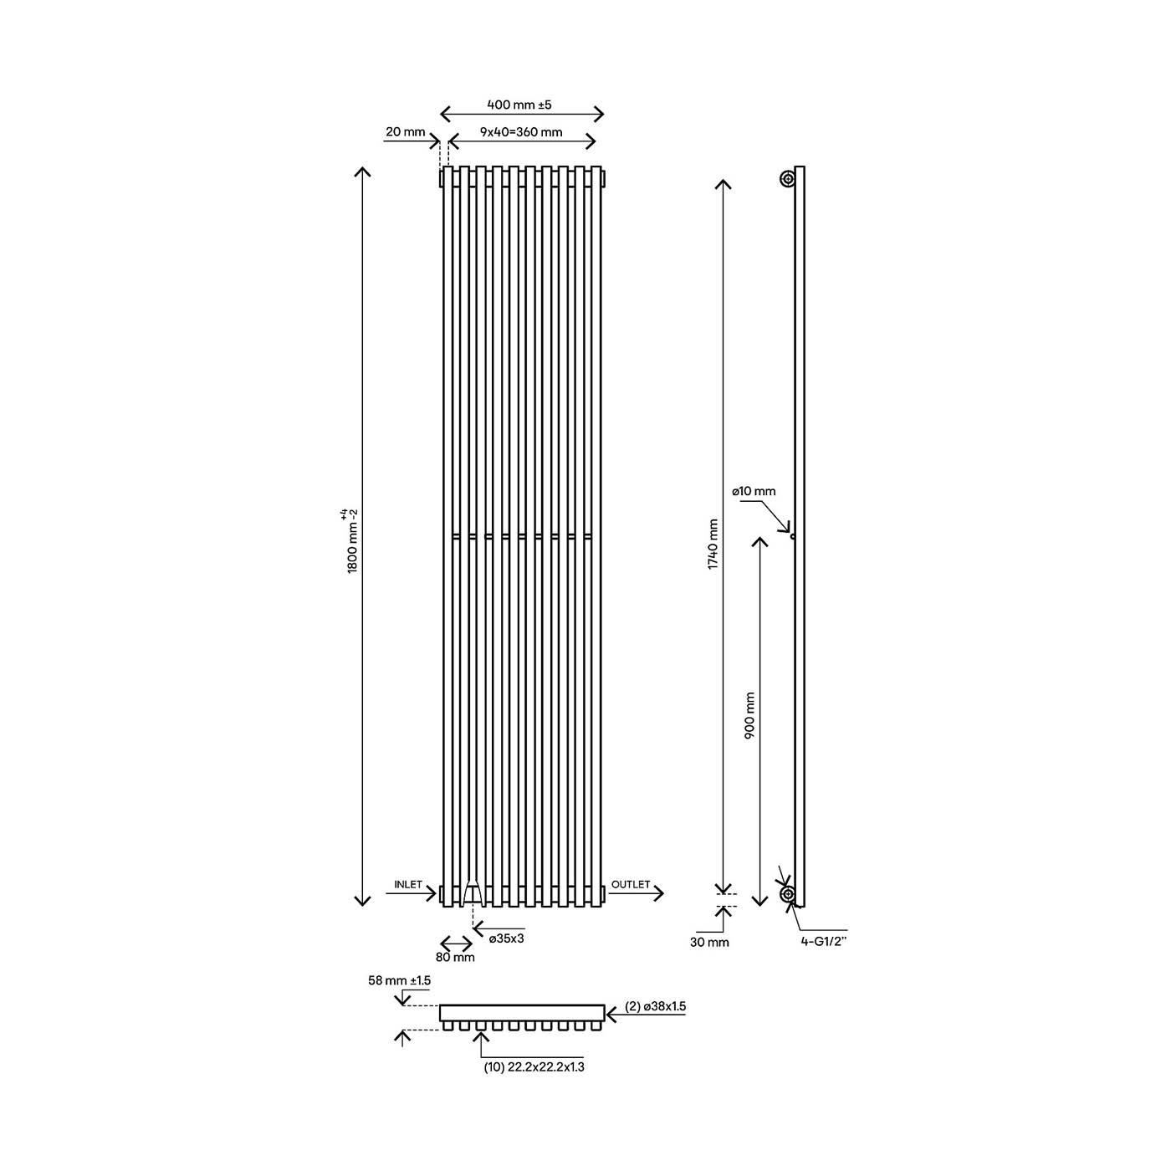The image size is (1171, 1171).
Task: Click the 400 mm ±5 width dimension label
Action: (x=519, y=105)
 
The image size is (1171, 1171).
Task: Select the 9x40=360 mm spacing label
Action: (x=521, y=132)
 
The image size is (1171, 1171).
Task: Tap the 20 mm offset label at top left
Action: (x=405, y=132)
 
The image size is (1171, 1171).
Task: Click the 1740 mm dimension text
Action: (x=713, y=545)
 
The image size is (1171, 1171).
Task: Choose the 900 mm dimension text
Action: (x=749, y=714)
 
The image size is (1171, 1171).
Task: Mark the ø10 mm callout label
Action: (x=754, y=491)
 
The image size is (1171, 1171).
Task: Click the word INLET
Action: (x=408, y=884)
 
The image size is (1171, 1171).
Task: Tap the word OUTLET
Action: (x=631, y=884)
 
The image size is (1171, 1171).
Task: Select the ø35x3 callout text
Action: (x=507, y=938)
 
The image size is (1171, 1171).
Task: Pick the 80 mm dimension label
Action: (x=455, y=957)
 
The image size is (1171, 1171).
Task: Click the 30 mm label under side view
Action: (x=709, y=942)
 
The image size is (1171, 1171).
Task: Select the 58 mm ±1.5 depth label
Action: (x=399, y=980)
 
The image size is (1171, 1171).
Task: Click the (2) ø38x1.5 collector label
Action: (x=655, y=1007)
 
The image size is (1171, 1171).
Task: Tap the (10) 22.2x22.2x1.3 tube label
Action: (x=534, y=1067)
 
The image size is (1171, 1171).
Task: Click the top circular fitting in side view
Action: (x=788, y=179)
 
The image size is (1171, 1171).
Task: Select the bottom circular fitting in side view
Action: (x=788, y=894)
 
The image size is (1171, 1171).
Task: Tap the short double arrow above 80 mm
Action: (x=456, y=943)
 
